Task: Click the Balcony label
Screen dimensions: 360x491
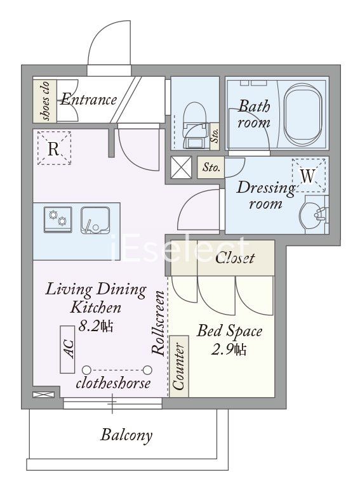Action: [126, 435]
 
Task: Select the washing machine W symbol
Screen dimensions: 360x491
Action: [309, 175]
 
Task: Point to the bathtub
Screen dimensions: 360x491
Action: [303, 115]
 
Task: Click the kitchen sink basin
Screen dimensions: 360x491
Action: [95, 220]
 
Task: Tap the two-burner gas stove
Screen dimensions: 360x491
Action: [58, 219]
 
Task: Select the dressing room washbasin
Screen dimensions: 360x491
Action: [313, 214]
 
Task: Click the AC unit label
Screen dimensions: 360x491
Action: [68, 349]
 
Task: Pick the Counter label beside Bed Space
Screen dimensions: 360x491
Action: [179, 367]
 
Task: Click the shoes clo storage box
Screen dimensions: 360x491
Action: [45, 101]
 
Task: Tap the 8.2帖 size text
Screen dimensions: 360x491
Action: [96, 326]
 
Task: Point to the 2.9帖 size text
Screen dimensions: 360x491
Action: [229, 350]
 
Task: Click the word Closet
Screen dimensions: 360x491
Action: [235, 258]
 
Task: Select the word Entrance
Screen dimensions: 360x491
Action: [89, 100]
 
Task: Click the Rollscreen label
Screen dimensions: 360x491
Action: [159, 323]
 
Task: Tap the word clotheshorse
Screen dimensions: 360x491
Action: [113, 383]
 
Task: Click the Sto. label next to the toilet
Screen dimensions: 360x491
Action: [215, 134]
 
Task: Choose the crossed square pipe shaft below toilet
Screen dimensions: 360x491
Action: [181, 167]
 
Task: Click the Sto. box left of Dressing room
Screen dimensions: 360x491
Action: [211, 167]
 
